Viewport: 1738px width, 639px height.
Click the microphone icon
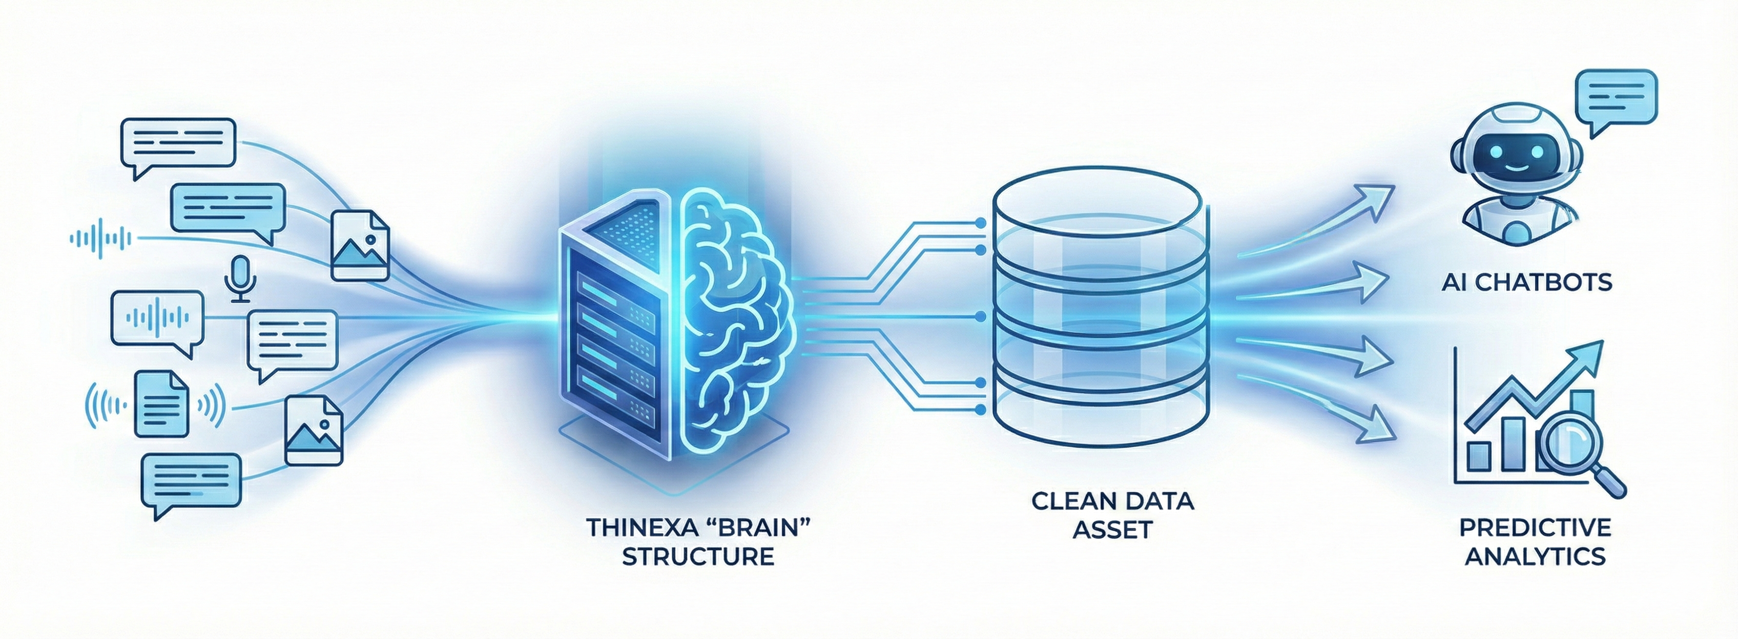point(239,279)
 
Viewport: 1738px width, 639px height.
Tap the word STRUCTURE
point(698,557)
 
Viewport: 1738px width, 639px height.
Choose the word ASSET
point(1112,530)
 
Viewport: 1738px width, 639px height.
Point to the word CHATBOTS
point(1544,282)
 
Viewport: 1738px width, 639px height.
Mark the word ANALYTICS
point(1536,557)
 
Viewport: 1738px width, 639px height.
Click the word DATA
point(1158,501)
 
